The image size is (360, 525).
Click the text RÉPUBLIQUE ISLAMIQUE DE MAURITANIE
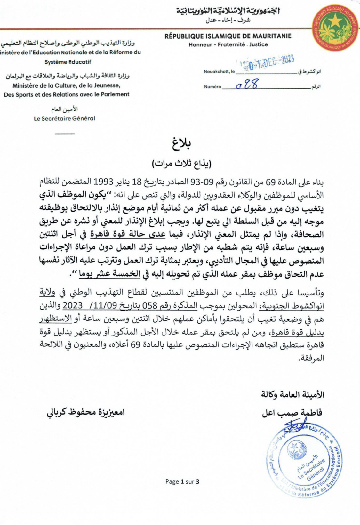228,36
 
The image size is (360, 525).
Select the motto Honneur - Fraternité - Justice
228,45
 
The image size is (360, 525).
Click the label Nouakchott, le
219,72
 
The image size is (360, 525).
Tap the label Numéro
212,87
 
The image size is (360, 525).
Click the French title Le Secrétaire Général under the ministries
65,118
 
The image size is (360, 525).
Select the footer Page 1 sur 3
182,481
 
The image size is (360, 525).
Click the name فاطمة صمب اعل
292,413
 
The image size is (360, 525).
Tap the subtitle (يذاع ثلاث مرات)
181,164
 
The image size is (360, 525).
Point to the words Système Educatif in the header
68,62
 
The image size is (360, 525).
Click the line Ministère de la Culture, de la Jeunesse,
67,85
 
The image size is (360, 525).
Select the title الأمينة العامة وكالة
293,395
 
